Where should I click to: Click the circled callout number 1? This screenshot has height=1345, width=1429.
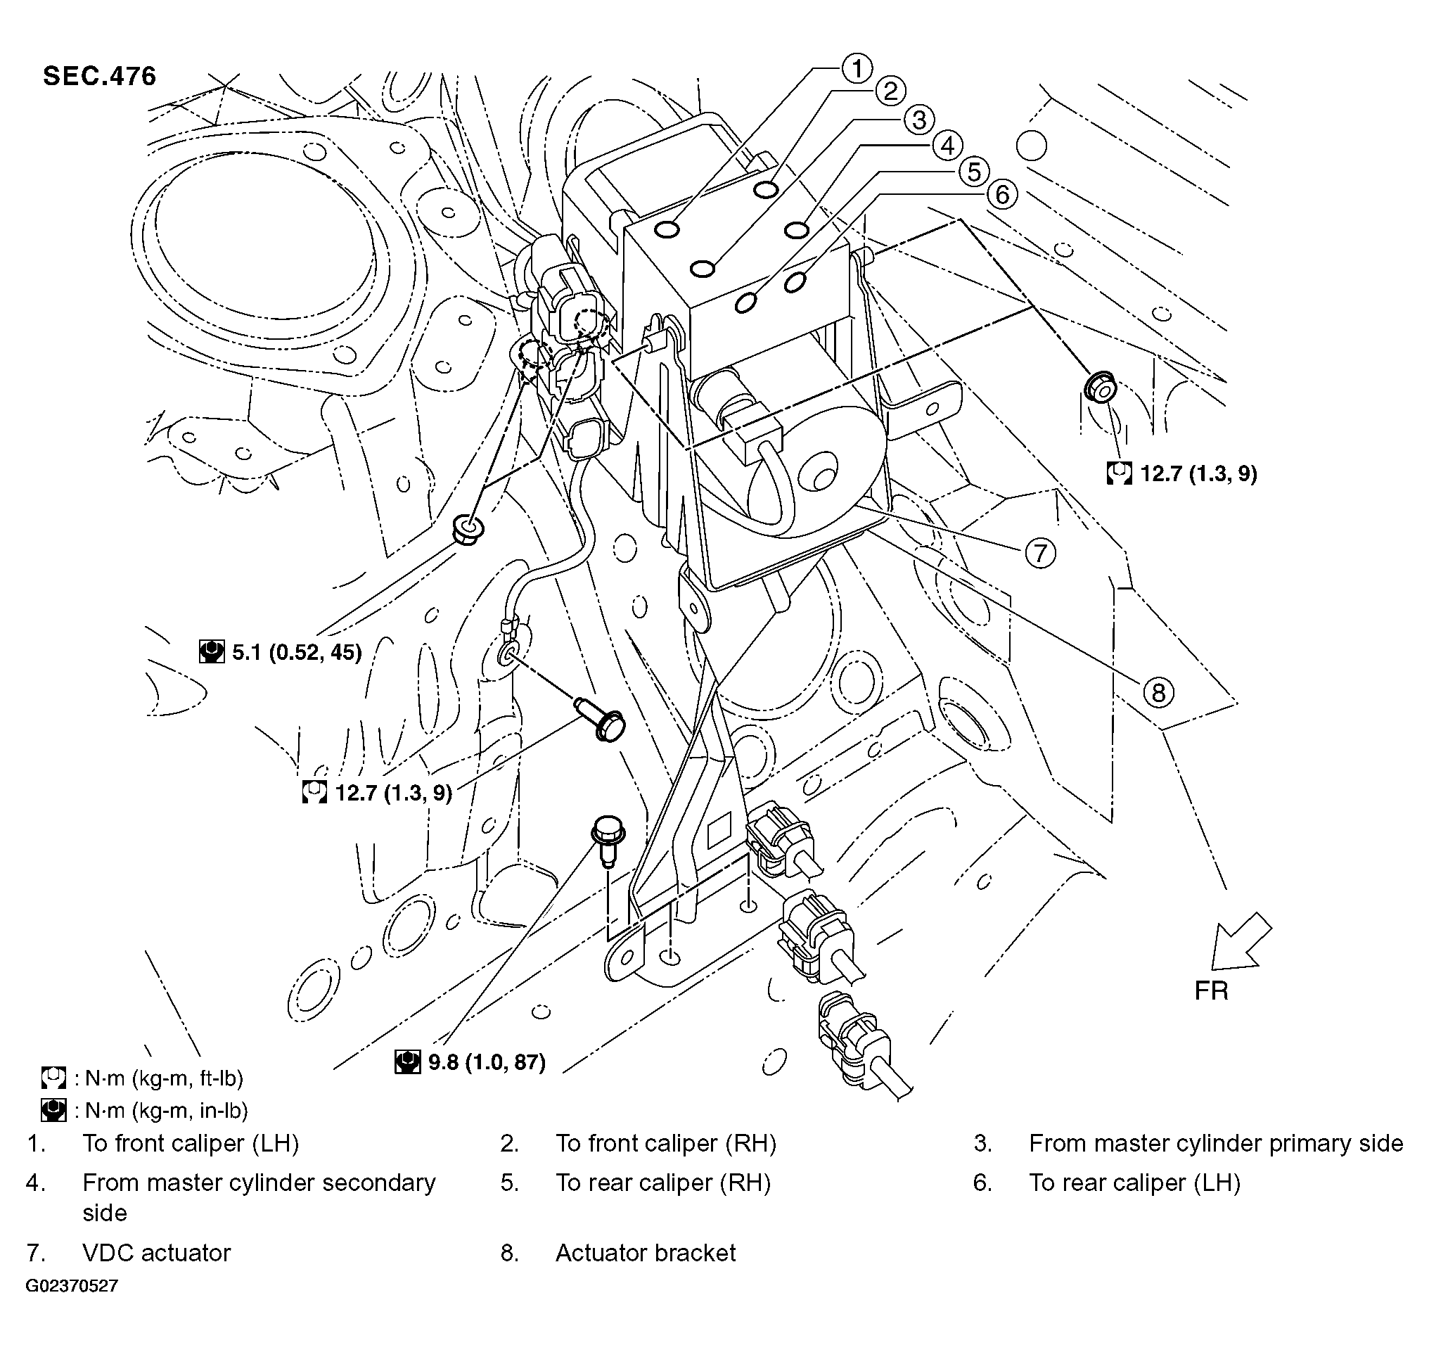click(x=855, y=69)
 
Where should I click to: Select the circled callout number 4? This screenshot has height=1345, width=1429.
click(x=947, y=146)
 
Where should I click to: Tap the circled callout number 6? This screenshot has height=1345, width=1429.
click(x=1002, y=194)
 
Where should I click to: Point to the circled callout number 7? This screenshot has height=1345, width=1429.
click(x=1040, y=554)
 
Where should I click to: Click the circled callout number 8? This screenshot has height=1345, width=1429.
click(x=1158, y=692)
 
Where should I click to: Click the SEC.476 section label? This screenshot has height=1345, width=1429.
click(x=99, y=76)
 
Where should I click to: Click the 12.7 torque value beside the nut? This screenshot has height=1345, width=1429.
click(x=1198, y=473)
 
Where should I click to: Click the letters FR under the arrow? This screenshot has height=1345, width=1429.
click(x=1211, y=991)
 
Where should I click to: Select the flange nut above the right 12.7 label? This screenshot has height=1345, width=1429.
click(x=1100, y=386)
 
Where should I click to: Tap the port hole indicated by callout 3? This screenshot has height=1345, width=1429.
click(x=703, y=269)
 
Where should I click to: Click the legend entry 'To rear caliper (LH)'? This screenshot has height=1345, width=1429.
click(x=1134, y=1183)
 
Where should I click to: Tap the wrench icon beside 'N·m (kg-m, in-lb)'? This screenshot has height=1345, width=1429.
click(x=54, y=1111)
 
